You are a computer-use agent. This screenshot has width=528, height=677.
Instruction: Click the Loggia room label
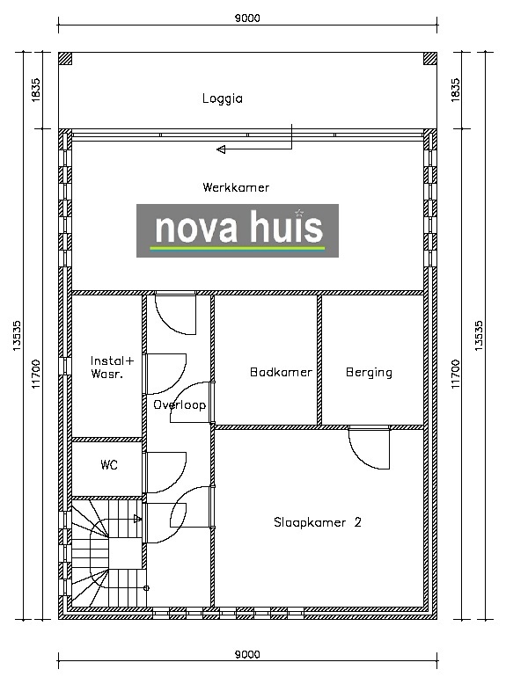tap(223, 98)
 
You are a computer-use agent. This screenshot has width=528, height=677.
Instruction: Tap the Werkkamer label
tap(236, 187)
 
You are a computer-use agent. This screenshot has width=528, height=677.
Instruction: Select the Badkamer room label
tap(281, 372)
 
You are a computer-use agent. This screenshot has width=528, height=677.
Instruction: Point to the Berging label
tap(369, 373)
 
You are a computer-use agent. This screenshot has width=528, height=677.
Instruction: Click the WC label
tap(109, 464)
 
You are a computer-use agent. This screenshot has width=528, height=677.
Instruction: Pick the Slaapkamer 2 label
tap(318, 522)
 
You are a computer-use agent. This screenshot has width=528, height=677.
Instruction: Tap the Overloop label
tap(180, 405)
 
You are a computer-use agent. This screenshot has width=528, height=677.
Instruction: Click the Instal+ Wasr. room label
tap(113, 367)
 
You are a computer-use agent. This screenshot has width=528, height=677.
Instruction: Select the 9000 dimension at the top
tap(247, 18)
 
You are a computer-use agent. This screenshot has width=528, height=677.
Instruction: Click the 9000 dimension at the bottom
tap(247, 654)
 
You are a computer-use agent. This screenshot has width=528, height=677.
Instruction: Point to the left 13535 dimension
tap(17, 336)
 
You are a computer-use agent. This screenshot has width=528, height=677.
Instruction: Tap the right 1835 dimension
tap(456, 90)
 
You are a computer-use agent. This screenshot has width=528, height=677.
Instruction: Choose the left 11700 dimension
tap(36, 374)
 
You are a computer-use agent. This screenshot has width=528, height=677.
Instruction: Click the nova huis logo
tap(238, 230)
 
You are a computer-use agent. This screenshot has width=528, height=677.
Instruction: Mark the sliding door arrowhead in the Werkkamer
tap(221, 149)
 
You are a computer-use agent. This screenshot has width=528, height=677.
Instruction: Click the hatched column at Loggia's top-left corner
tap(65, 59)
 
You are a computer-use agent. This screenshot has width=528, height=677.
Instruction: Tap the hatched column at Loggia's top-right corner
tap(430, 59)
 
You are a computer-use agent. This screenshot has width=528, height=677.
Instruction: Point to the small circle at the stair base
tap(146, 588)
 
